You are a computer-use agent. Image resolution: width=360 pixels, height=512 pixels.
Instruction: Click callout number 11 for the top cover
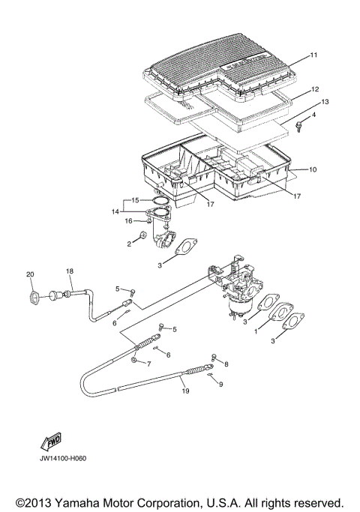pos(314,55)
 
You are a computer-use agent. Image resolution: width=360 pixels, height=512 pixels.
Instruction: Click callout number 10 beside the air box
pos(313,170)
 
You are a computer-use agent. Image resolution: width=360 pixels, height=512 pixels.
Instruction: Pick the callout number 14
pos(115,211)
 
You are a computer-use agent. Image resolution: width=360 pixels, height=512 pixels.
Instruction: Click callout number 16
pos(128,221)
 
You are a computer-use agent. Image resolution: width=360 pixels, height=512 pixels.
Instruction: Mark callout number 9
pos(221,384)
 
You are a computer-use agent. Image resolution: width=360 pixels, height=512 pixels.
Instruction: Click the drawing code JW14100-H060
pos(60,459)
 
